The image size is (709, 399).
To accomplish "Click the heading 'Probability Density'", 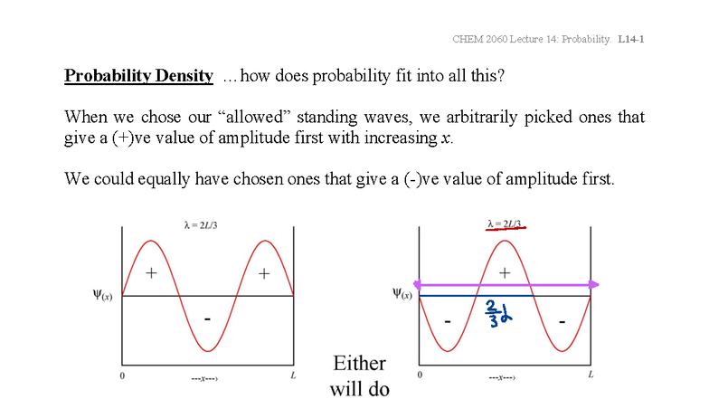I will click(x=138, y=75).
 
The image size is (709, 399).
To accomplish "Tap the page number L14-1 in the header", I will click(x=630, y=39).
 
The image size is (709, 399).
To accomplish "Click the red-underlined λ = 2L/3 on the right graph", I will click(x=505, y=223).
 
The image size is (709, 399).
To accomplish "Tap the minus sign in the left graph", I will click(x=208, y=319).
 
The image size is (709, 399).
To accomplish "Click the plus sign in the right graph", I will click(x=505, y=271).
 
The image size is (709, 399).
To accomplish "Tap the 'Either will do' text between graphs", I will click(x=359, y=376).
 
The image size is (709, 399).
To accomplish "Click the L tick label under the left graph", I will click(x=292, y=375).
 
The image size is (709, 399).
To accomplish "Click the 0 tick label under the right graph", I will click(x=419, y=375).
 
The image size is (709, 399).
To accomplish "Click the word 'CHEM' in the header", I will click(x=468, y=39).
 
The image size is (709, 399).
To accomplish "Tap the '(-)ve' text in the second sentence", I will click(x=438, y=178).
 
